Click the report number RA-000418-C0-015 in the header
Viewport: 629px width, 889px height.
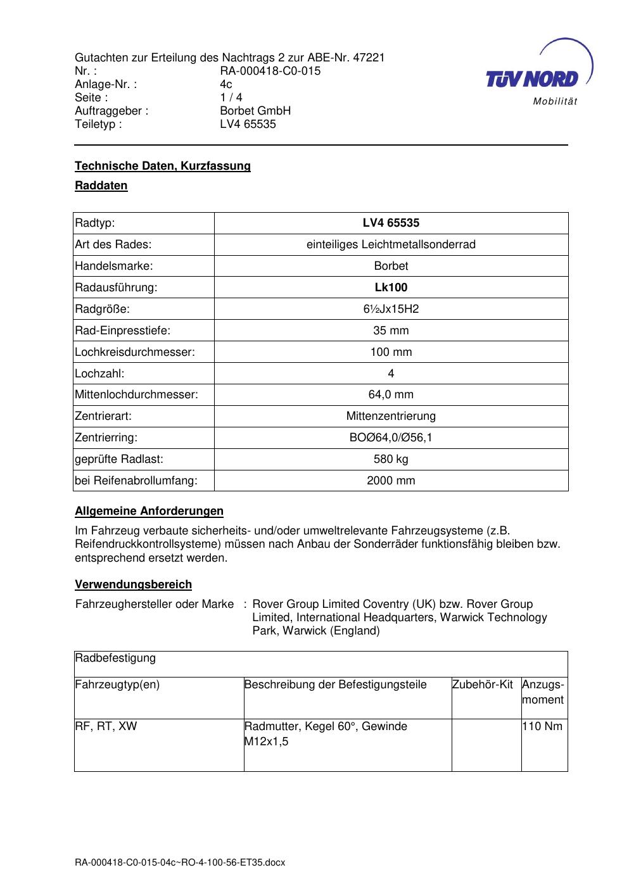[x=270, y=71]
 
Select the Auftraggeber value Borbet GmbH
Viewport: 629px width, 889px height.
[x=255, y=111]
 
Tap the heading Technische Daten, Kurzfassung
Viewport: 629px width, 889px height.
[x=163, y=166]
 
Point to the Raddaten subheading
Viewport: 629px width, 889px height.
[x=101, y=186]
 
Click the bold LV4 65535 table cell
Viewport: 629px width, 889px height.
[x=391, y=223]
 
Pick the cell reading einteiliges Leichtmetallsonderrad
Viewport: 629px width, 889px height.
[x=391, y=244]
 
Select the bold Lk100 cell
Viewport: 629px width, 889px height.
[x=391, y=287]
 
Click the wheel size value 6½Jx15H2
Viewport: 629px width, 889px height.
[x=391, y=309]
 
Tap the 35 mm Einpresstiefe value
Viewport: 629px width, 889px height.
[x=391, y=331]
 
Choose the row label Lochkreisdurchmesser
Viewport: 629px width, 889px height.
[x=134, y=352]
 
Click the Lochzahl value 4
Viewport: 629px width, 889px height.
[x=391, y=374]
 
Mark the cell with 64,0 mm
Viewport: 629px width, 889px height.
[x=391, y=394]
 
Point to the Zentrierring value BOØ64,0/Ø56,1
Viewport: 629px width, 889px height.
[x=391, y=438]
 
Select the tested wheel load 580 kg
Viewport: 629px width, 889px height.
[x=391, y=459]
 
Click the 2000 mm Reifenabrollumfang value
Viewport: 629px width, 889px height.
[x=391, y=481]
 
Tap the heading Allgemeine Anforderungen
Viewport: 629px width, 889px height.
[x=149, y=511]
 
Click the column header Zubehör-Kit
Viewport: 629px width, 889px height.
[x=483, y=684]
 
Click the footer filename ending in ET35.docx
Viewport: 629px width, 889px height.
[x=180, y=862]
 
